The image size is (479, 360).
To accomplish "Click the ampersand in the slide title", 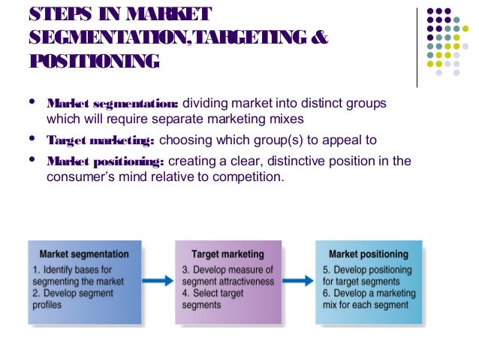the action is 319,37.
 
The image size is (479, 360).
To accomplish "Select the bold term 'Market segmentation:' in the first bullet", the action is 113,103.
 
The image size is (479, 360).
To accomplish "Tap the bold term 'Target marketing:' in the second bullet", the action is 101,141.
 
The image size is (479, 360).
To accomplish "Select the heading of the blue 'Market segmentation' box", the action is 84,254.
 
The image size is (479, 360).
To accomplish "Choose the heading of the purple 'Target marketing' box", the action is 228,254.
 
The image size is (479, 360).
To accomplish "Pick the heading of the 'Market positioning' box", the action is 369,254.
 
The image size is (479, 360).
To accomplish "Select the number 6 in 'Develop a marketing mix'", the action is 325,293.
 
